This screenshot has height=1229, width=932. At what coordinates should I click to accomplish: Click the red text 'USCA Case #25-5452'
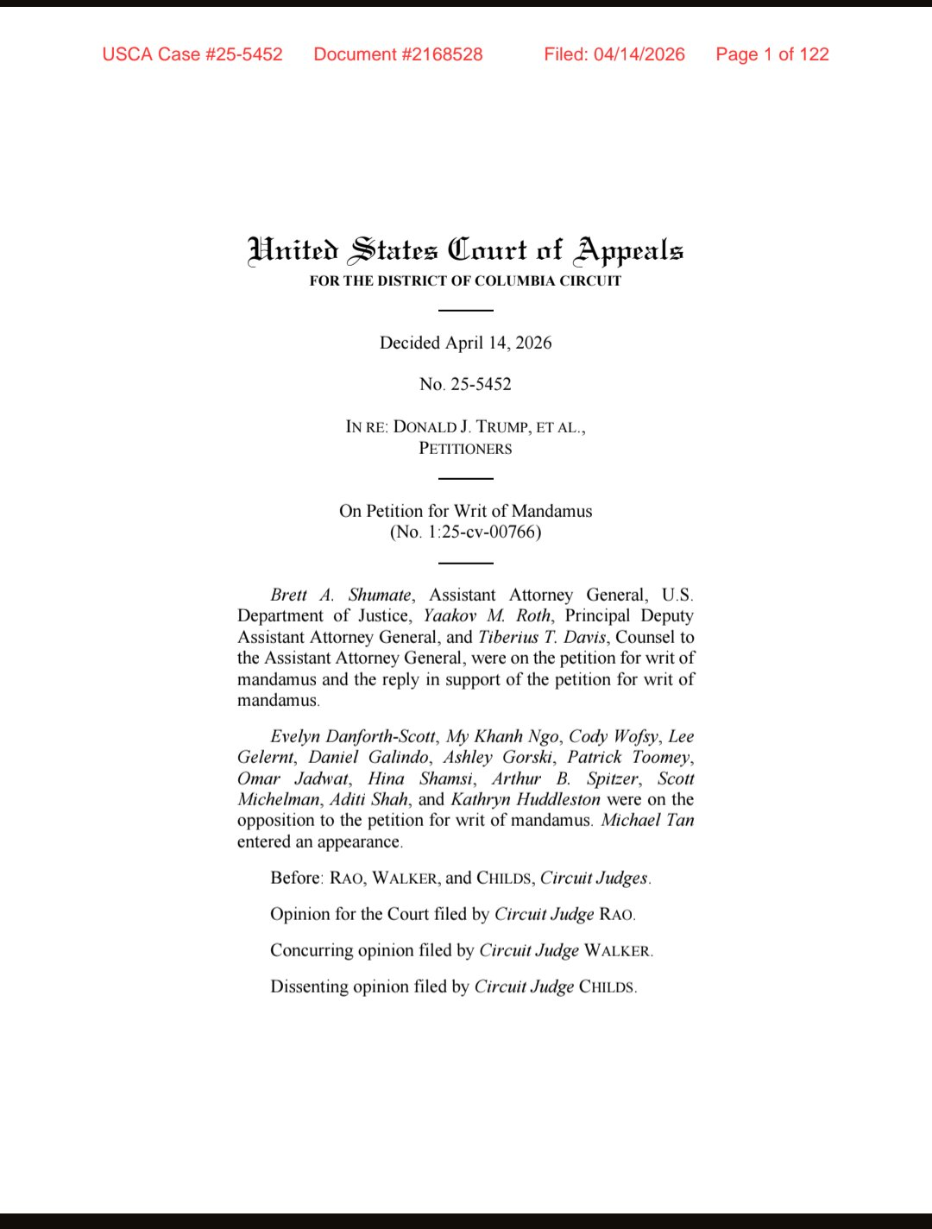click(x=192, y=54)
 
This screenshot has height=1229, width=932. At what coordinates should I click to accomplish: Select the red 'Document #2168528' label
click(x=398, y=54)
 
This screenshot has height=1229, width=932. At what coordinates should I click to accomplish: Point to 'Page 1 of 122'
click(x=772, y=54)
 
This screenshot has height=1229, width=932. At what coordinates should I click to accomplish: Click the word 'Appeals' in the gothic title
click(x=630, y=250)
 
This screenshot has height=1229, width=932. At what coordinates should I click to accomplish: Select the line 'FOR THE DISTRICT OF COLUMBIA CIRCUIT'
click(x=465, y=280)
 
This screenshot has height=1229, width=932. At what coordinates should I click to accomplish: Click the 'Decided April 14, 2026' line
click(x=465, y=343)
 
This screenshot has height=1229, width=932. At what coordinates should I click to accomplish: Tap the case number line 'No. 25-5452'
click(x=465, y=384)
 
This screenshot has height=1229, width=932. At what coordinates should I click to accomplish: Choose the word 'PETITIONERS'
click(x=465, y=449)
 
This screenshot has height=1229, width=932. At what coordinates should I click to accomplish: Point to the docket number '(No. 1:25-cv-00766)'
click(x=465, y=532)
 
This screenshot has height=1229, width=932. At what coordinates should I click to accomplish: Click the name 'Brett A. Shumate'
click(x=341, y=595)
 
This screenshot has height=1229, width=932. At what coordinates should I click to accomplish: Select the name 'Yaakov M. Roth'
click(x=487, y=615)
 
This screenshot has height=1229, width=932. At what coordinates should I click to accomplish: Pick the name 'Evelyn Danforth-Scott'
click(x=353, y=736)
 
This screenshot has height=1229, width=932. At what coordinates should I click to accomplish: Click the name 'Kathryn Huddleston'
click(x=526, y=799)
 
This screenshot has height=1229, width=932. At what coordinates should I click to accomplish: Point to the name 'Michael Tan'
click(x=647, y=820)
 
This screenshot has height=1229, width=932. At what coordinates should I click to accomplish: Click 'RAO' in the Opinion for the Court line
click(x=616, y=914)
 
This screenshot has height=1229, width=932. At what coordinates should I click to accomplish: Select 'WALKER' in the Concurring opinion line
click(x=617, y=950)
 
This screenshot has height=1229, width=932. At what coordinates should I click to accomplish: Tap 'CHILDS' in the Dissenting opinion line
click(x=607, y=986)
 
